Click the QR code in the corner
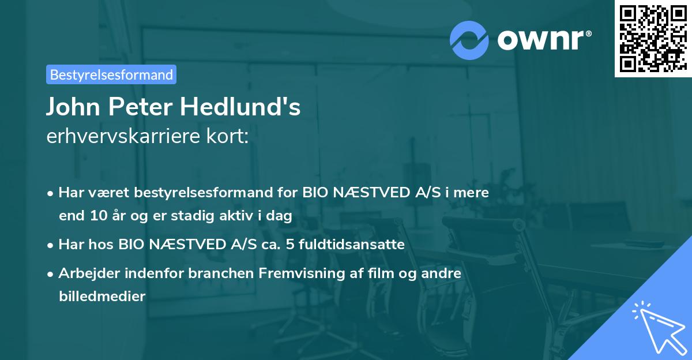click(x=653, y=38)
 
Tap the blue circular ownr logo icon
click(x=469, y=40)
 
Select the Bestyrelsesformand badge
click(x=111, y=74)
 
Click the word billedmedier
click(x=102, y=297)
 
